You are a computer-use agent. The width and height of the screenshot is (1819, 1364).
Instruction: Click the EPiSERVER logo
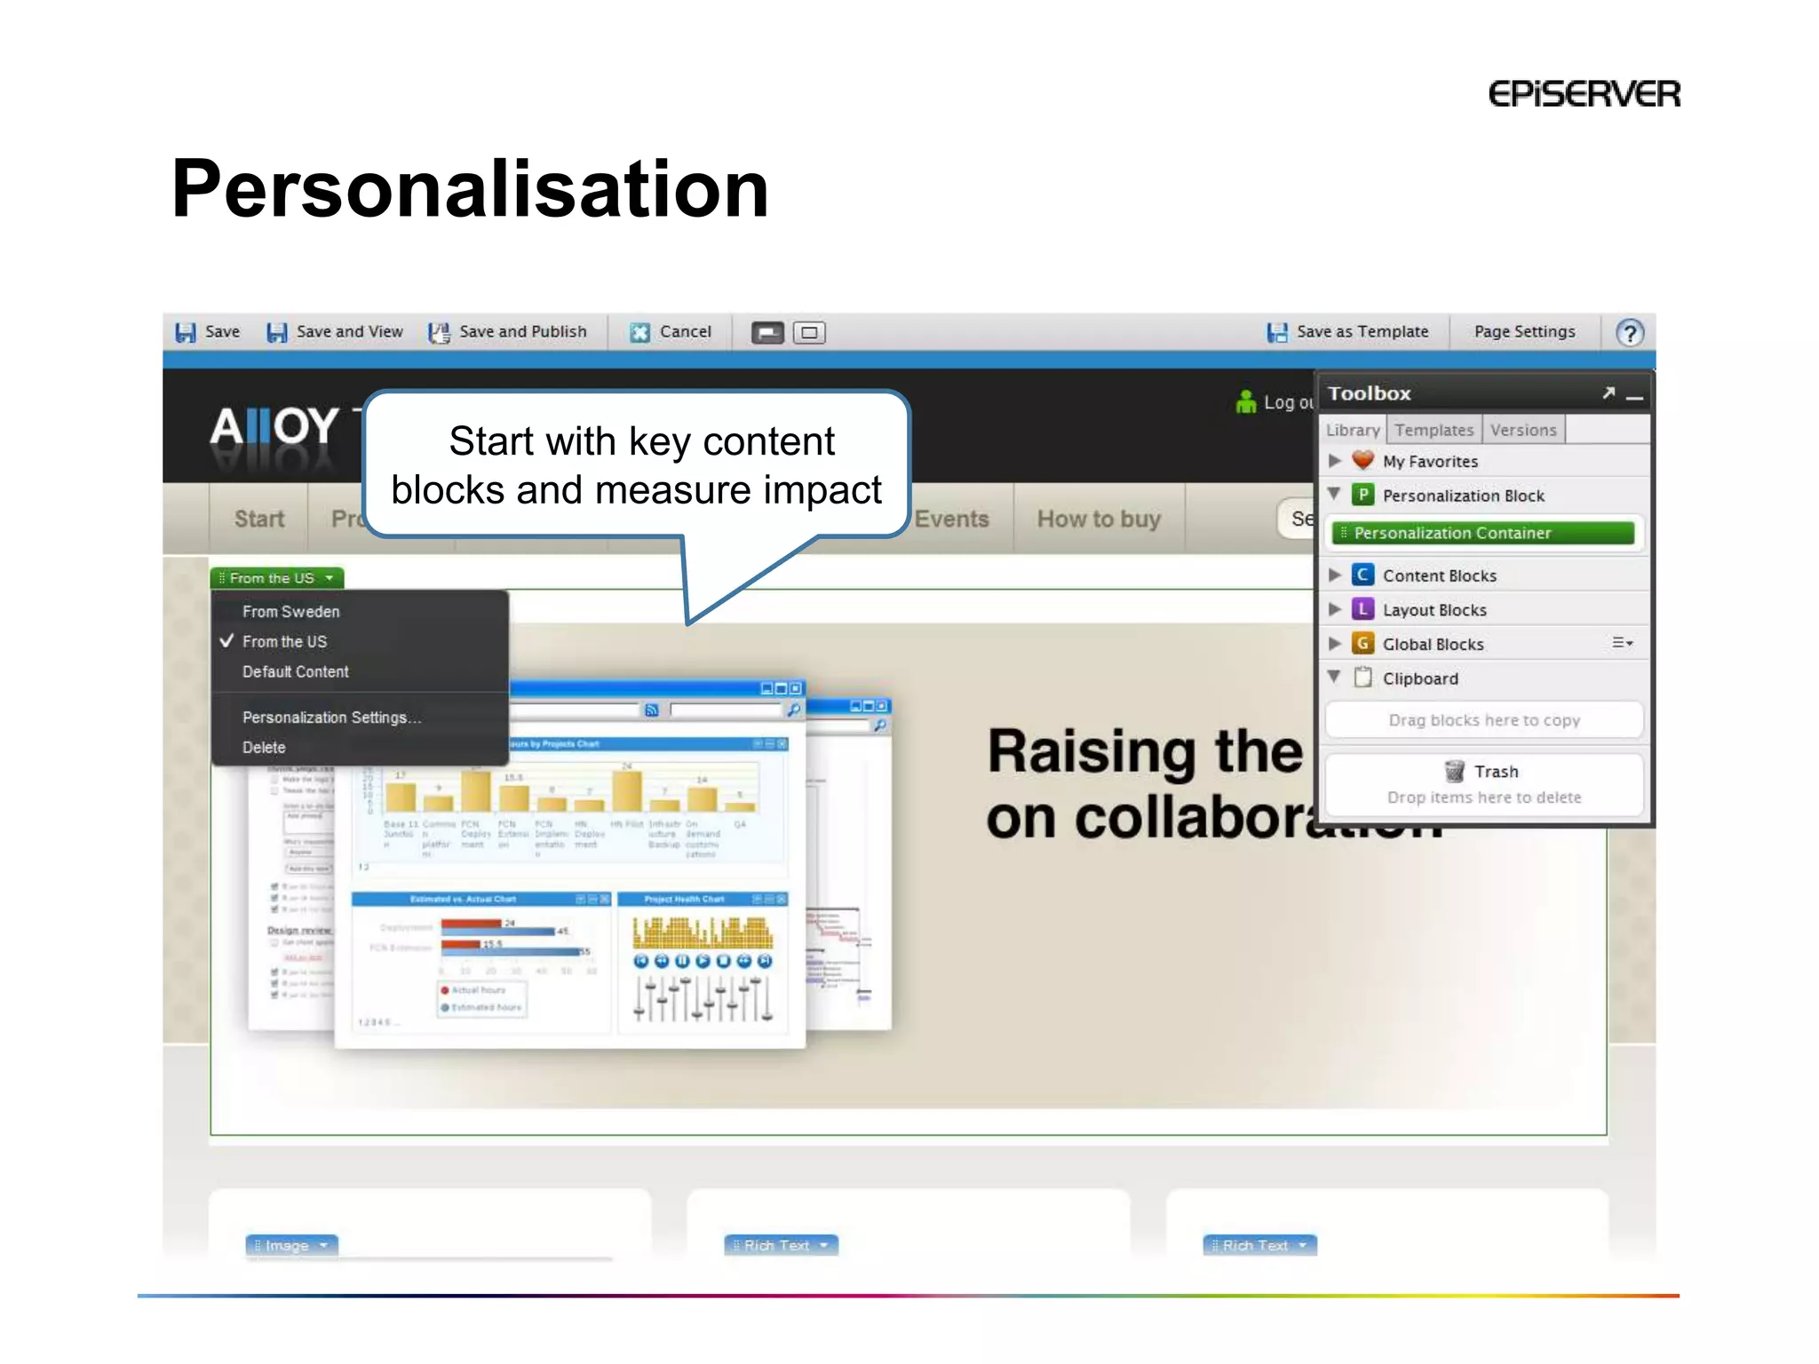(1584, 94)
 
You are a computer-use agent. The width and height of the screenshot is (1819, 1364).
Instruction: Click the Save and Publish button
(508, 332)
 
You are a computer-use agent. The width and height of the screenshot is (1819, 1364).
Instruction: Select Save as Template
(1347, 332)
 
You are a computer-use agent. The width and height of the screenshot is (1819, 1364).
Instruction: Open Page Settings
(1524, 332)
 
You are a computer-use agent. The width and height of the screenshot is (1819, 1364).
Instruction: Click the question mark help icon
(1629, 333)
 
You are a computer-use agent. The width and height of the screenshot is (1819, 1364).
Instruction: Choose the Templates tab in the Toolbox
(1434, 431)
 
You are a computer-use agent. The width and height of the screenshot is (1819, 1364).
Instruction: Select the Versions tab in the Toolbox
(1523, 431)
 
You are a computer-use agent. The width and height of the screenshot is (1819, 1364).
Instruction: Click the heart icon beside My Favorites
(1362, 461)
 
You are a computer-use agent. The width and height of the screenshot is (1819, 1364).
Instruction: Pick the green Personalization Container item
(1482, 533)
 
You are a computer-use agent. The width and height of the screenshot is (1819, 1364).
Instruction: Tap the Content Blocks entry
(1439, 575)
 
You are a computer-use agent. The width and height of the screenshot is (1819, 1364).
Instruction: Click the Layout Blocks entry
(1434, 610)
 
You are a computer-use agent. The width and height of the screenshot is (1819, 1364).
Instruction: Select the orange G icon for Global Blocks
(1362, 644)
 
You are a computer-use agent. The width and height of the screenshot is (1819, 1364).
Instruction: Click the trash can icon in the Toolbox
(1454, 771)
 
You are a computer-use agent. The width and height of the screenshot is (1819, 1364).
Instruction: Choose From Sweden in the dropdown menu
(290, 612)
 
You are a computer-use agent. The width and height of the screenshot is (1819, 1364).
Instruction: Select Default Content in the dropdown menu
(295, 672)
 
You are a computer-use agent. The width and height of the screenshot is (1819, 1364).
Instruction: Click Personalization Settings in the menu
(331, 718)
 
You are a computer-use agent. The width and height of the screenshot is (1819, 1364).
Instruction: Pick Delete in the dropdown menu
(264, 748)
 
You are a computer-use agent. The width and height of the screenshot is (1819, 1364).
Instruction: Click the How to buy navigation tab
(1099, 519)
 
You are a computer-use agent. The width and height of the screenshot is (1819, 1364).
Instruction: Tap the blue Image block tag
(291, 1245)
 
